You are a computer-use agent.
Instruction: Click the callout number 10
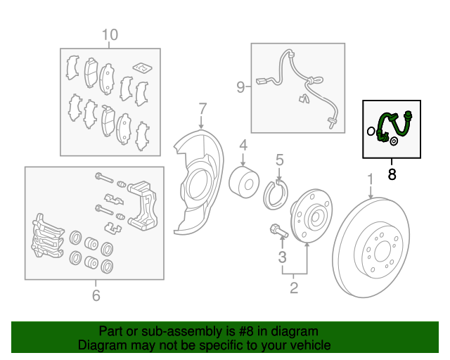point(110,34)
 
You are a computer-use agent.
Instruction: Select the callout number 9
point(240,86)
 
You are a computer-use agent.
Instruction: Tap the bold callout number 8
point(392,174)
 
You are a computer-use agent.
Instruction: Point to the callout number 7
point(202,109)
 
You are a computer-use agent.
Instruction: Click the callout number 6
point(96,295)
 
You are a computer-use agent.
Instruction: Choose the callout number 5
point(280,160)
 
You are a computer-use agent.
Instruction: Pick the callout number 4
point(243,146)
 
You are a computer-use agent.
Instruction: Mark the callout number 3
point(283,257)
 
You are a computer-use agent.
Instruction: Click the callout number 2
point(294,288)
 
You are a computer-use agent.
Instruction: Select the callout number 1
point(371,179)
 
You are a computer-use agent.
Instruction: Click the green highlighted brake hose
point(394,126)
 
